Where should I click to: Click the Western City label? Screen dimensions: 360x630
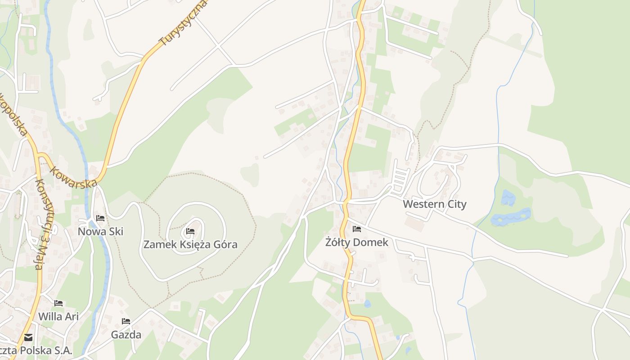tap(434, 204)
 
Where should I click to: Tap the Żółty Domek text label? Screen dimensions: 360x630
tap(356, 243)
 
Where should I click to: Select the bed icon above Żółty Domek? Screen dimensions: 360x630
tap(357, 229)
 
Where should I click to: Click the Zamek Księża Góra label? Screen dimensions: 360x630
tap(190, 245)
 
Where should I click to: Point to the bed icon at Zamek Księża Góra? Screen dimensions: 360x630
tap(190, 231)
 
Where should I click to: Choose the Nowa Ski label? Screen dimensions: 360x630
tap(100, 231)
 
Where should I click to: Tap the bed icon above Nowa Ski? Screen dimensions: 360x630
tap(100, 218)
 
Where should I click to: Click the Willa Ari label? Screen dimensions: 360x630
tap(58, 316)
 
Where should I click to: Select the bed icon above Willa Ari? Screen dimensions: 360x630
tap(58, 303)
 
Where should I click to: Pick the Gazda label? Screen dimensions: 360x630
tap(126, 335)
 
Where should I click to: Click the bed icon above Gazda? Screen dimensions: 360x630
tap(126, 321)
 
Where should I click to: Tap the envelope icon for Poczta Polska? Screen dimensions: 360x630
tap(28, 337)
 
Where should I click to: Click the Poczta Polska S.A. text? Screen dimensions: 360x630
tap(36, 351)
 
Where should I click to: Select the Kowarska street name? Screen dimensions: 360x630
tap(73, 178)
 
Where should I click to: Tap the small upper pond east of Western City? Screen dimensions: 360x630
tap(508, 198)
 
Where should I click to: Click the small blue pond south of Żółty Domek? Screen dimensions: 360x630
tap(367, 304)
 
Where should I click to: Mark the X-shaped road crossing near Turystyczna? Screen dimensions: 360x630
tap(219, 45)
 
